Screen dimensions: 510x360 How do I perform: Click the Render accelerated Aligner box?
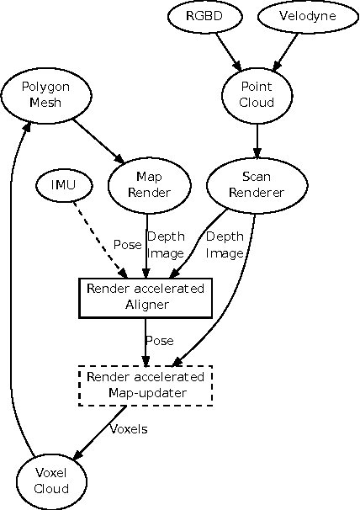pyautogui.click(x=147, y=298)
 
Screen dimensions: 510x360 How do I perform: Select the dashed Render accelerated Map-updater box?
pyautogui.click(x=147, y=385)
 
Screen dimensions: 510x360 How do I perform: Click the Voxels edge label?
pyautogui.click(x=130, y=428)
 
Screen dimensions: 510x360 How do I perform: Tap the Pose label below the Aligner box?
pyautogui.click(x=159, y=341)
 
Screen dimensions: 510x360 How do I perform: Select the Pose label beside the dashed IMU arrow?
pyautogui.click(x=127, y=244)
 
